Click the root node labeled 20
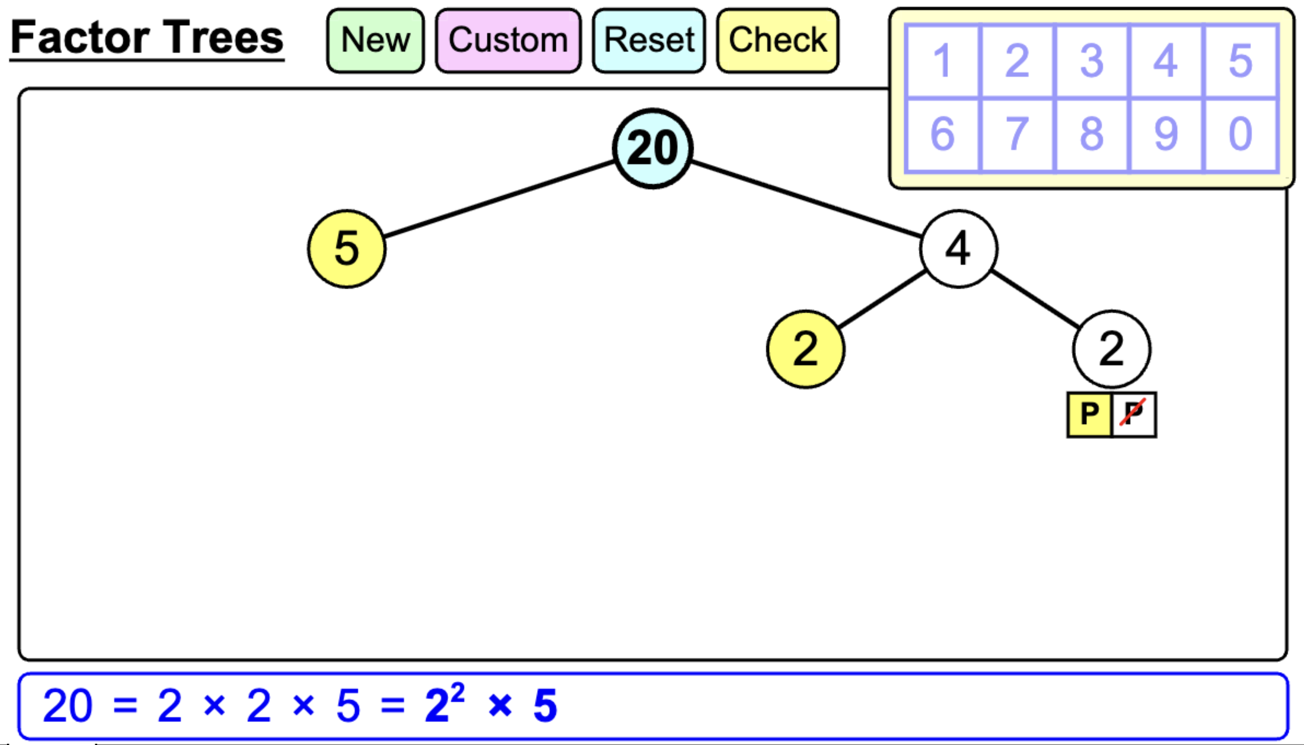[653, 148]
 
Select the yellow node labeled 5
[347, 249]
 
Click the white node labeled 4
[958, 249]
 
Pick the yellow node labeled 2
[805, 349]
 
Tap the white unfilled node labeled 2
[1112, 349]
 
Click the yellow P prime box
[1090, 414]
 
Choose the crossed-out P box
[1133, 414]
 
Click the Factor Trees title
[147, 37]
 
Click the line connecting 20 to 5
[499, 200]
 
